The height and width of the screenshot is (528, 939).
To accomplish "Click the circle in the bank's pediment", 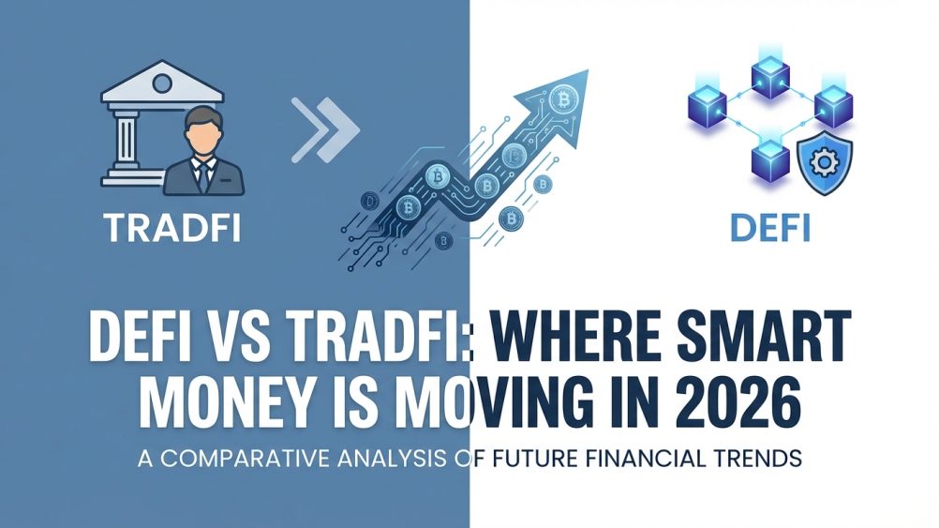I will (x=162, y=83).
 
